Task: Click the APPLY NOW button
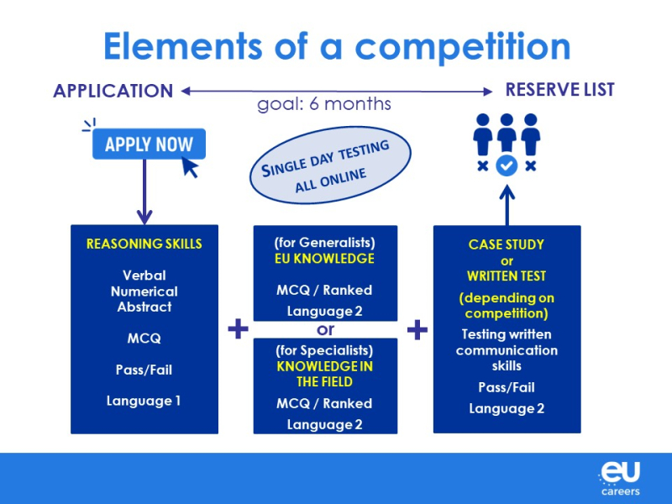(149, 144)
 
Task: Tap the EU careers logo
(620, 478)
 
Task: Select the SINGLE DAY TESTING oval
(330, 165)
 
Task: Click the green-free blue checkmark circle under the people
(507, 165)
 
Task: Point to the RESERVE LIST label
(559, 90)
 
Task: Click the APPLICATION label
(113, 91)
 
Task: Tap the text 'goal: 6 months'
(324, 104)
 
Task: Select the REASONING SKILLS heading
(144, 244)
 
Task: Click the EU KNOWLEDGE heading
(324, 259)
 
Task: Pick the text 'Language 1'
(144, 402)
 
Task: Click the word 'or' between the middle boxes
(325, 329)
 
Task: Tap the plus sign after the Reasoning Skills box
(238, 328)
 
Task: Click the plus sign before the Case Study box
(417, 330)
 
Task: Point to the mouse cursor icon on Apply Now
(190, 167)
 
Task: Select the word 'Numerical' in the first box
(144, 291)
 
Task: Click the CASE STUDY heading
(507, 244)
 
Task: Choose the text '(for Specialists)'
(324, 350)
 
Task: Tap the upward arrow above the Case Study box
(507, 205)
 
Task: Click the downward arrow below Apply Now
(144, 192)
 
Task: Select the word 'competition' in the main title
(463, 47)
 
